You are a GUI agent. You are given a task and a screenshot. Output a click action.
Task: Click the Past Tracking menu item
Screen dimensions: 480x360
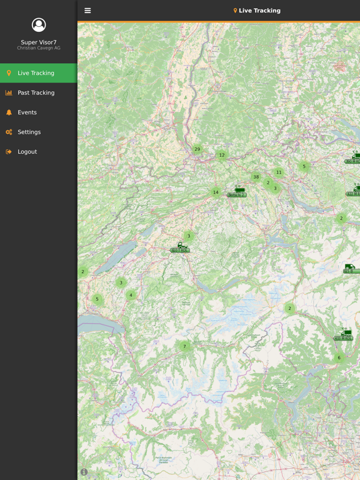click(x=36, y=92)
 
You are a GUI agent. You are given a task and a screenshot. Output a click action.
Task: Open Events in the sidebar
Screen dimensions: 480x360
click(x=27, y=112)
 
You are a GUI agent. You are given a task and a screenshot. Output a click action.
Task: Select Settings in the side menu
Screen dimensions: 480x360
click(x=29, y=132)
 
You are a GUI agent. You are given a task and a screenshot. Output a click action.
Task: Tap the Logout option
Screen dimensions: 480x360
click(x=27, y=152)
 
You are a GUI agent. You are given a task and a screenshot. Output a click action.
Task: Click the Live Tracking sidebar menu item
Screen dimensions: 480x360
click(x=36, y=73)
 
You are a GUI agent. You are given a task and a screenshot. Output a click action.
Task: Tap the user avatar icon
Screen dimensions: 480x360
click(x=39, y=25)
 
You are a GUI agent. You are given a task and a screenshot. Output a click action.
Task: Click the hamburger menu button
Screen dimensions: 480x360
click(x=87, y=11)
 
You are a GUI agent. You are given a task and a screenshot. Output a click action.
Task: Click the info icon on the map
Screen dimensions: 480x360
click(x=84, y=472)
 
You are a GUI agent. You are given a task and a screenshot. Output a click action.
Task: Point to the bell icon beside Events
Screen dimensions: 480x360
click(x=9, y=112)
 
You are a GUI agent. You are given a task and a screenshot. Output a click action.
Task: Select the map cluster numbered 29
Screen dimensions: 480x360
click(x=197, y=149)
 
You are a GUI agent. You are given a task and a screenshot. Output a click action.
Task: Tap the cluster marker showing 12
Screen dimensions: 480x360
click(x=222, y=155)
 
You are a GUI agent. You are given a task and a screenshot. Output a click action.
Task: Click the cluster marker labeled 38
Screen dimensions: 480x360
click(x=256, y=177)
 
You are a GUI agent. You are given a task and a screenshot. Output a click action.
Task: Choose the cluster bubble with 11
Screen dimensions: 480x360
click(x=279, y=172)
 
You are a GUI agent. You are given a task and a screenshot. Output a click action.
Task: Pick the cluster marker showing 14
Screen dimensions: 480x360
click(x=216, y=192)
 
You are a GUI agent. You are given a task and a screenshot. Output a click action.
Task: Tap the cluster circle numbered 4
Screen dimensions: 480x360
click(x=131, y=295)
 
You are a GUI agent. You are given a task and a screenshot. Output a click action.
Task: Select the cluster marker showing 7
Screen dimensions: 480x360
click(x=184, y=346)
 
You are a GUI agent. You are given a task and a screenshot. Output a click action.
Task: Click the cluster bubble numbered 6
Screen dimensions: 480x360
click(x=339, y=358)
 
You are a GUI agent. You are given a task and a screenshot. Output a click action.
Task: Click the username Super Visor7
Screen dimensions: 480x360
click(x=39, y=42)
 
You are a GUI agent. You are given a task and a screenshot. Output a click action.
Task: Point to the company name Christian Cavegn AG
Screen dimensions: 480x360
click(x=39, y=48)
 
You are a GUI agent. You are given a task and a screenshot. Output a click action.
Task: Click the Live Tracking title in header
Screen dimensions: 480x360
click(x=259, y=11)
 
